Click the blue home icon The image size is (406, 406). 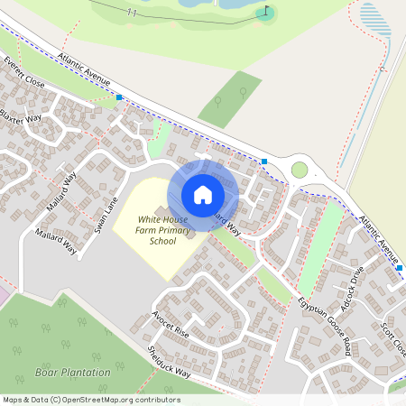coord(203,194)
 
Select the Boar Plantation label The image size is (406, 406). coord(72,372)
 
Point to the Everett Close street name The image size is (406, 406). coord(23,72)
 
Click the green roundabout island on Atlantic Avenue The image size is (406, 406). coord(300,170)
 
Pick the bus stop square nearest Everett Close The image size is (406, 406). coord(119,97)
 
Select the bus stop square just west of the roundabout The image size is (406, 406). coord(264,161)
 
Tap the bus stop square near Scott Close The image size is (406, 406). coord(400,267)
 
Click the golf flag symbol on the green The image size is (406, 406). coord(264,13)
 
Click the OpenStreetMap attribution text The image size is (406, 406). coord(90,400)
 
